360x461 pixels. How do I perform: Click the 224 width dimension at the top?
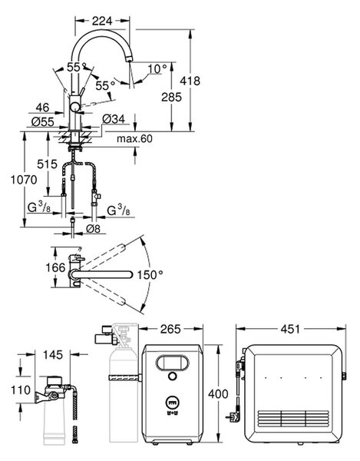coord(102,22)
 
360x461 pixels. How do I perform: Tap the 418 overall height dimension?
coord(190,81)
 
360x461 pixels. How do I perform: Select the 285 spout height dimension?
coord(171,97)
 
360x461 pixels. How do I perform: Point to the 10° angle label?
coord(157,69)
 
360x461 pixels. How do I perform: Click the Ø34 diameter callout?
coord(114,119)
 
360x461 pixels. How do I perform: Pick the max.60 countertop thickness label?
coord(135,138)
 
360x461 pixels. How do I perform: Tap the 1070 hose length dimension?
coord(24,180)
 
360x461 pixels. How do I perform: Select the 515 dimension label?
coord(48,164)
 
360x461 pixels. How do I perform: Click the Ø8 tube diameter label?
coord(94,228)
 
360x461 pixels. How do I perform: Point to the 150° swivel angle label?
coord(150,275)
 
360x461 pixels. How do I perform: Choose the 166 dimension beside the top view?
coord(55,267)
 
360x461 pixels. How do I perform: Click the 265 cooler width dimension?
coord(170,330)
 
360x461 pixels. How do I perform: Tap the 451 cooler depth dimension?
coord(290,330)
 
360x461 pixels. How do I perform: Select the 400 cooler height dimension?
coord(218,393)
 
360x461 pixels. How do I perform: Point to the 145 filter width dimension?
coord(53,355)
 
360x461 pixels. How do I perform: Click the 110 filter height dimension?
coord(21,390)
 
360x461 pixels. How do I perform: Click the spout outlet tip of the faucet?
coord(128,60)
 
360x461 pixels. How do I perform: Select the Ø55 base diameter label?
coord(43,121)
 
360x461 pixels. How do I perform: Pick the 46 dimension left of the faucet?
coord(42,108)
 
